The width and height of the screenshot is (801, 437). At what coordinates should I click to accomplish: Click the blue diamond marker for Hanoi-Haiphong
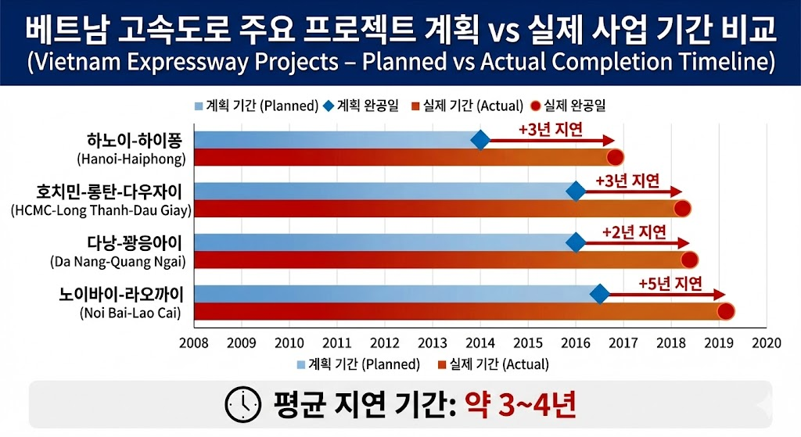[x=480, y=141]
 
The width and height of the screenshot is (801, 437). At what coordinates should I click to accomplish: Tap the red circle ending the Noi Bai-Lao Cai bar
[x=725, y=311]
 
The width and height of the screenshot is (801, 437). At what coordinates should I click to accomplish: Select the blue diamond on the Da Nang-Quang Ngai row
[x=576, y=243]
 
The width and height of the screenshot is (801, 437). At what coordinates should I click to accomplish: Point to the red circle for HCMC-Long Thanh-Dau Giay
[x=682, y=208]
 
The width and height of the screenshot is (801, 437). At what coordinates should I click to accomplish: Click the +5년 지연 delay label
[x=670, y=283]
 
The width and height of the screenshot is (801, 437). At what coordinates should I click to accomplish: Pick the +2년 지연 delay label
[x=634, y=232]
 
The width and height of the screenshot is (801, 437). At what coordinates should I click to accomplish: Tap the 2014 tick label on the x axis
[x=480, y=342]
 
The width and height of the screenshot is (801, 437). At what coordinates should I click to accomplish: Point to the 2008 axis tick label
[x=194, y=342]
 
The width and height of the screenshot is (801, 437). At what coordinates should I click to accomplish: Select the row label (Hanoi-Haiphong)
[x=132, y=159]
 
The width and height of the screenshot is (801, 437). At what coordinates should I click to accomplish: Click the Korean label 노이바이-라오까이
[x=121, y=295]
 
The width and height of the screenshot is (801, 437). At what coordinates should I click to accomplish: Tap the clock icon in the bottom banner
[x=244, y=403]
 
